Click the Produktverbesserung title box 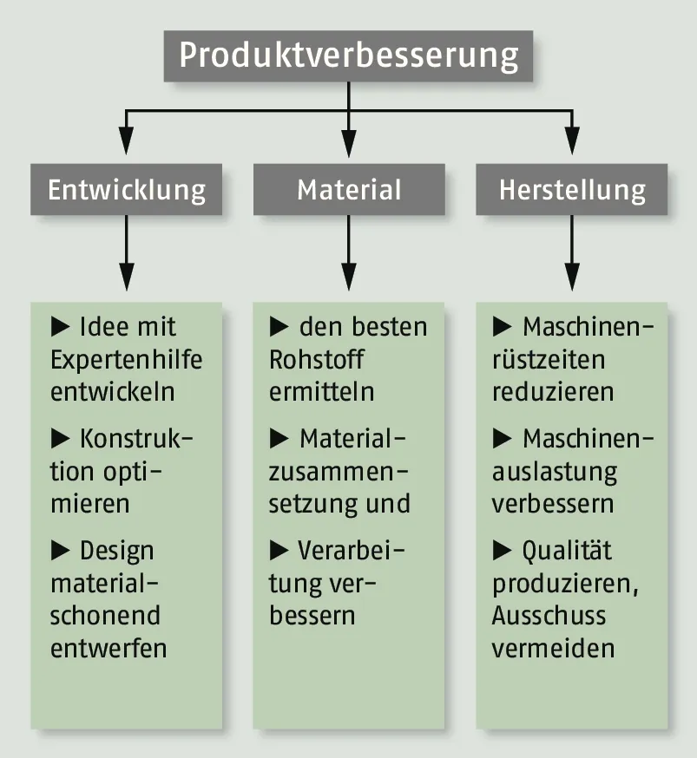pyautogui.click(x=348, y=56)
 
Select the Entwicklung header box pyautogui.click(x=127, y=190)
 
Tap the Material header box pyautogui.click(x=349, y=190)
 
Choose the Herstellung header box pyautogui.click(x=572, y=190)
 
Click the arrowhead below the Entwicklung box pyautogui.click(x=127, y=278)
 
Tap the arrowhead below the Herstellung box pyautogui.click(x=572, y=278)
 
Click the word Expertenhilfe pyautogui.click(x=126, y=359)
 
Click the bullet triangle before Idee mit pyautogui.click(x=61, y=327)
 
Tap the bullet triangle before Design pyautogui.click(x=61, y=549)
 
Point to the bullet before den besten pyautogui.click(x=279, y=327)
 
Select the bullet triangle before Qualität pyautogui.click(x=503, y=549)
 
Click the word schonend pyautogui.click(x=105, y=616)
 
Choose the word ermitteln pyautogui.click(x=322, y=391)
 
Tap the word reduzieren pyautogui.click(x=553, y=391)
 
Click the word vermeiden pyautogui.click(x=553, y=648)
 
